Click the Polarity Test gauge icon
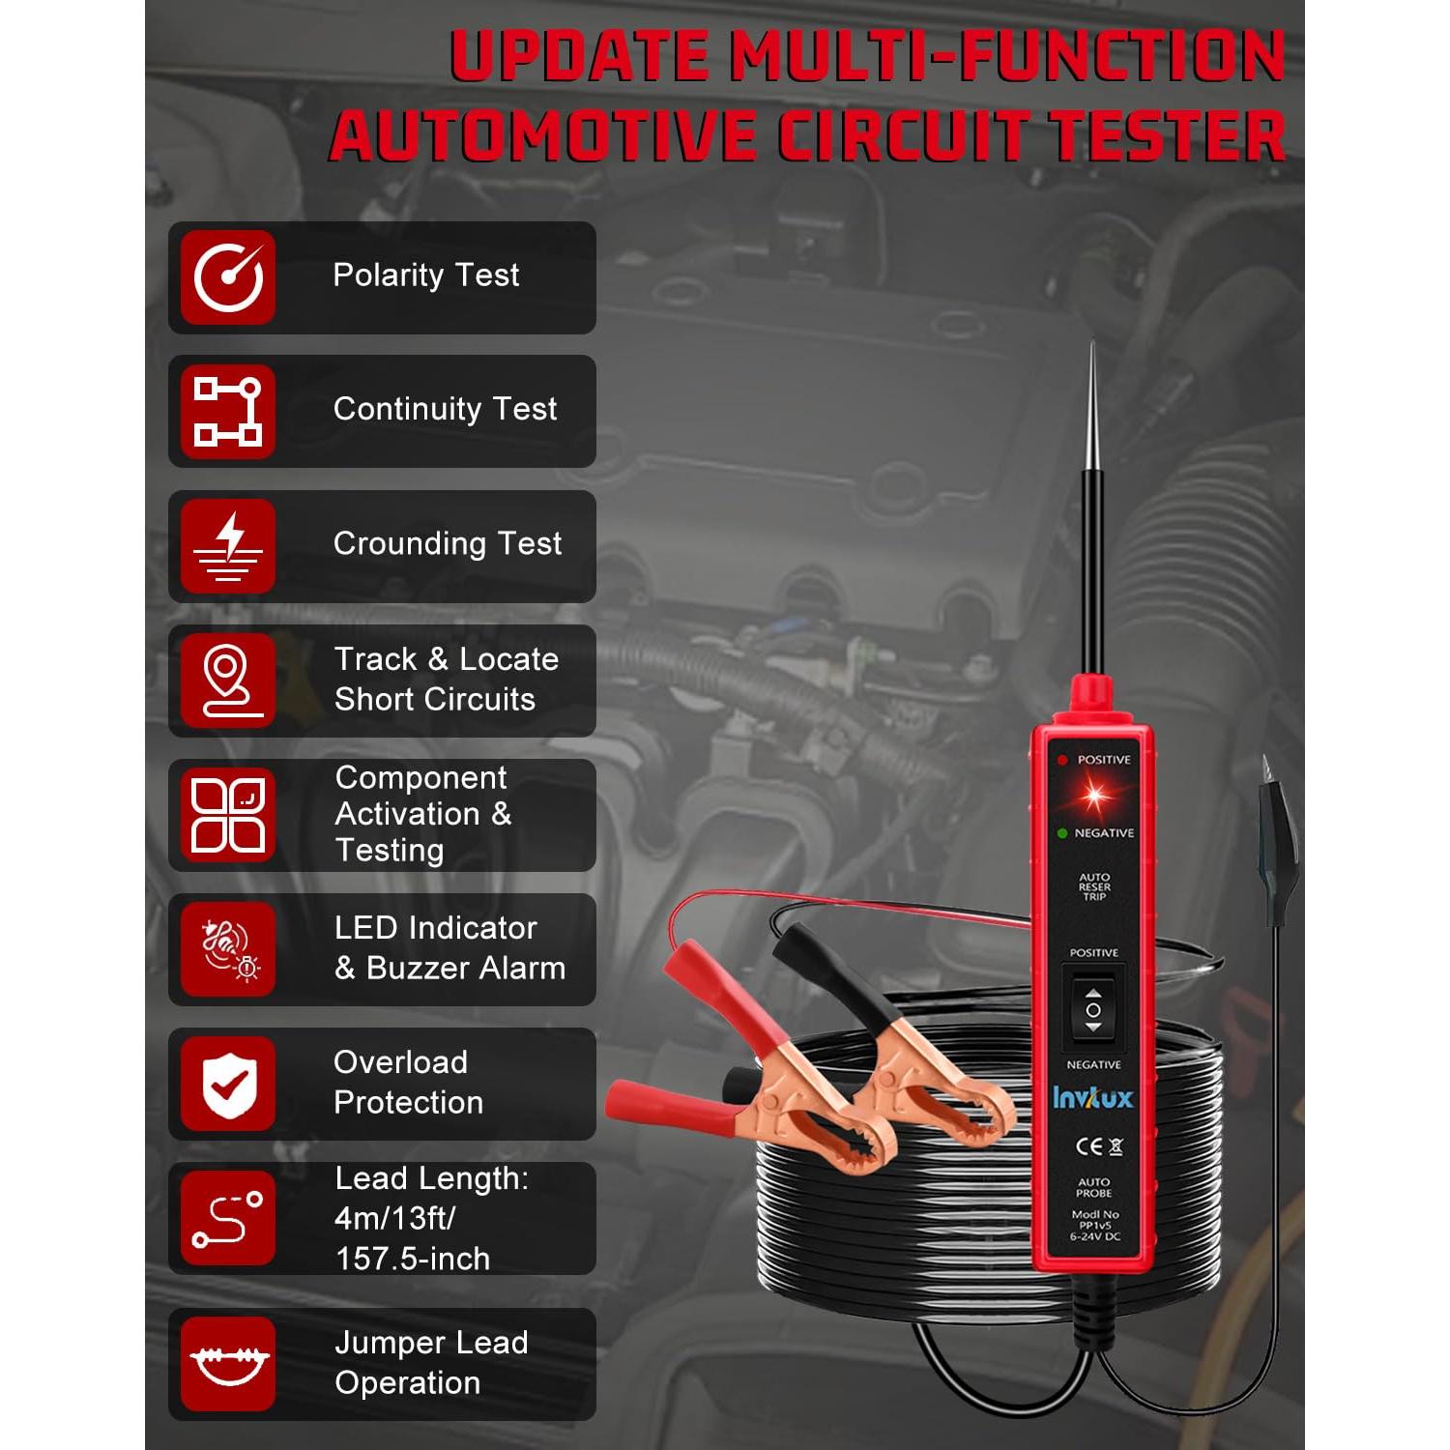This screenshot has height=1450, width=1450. pyautogui.click(x=228, y=277)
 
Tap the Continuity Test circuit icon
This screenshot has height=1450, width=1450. pyautogui.click(x=228, y=412)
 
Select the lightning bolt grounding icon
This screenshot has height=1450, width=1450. pyautogui.click(x=228, y=546)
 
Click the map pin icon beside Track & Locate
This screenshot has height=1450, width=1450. pyautogui.click(x=228, y=681)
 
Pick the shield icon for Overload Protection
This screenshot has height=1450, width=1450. pyautogui.click(x=228, y=1084)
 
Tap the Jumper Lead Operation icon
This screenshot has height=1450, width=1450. pyautogui.click(x=228, y=1363)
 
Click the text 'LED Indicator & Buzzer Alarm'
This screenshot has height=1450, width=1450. pyautogui.click(x=449, y=948)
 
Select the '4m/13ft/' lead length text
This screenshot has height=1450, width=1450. pyautogui.click(x=394, y=1218)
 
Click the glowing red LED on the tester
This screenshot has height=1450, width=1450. pyautogui.click(x=1093, y=797)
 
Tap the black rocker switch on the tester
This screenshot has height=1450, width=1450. pyautogui.click(x=1093, y=1010)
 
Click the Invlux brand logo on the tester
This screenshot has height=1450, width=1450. pyautogui.click(x=1092, y=1098)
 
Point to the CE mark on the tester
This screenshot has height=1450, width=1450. pyautogui.click(x=1088, y=1147)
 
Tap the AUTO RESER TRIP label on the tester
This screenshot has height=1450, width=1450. pyautogui.click(x=1094, y=886)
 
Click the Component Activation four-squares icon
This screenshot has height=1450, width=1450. pyautogui.click(x=228, y=815)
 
